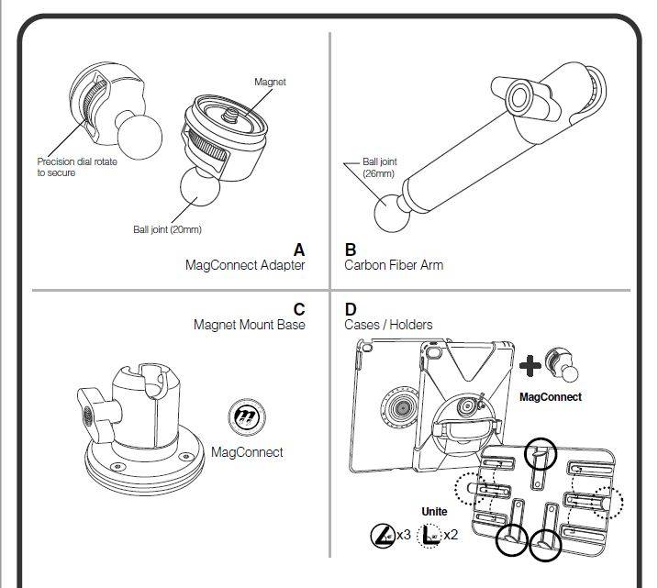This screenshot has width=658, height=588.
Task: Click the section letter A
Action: point(298,250)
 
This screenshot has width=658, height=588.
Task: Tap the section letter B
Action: point(351,250)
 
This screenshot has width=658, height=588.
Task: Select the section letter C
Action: point(298,309)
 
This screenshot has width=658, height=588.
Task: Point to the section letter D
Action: point(351,309)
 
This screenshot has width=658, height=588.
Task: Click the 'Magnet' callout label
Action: point(270,83)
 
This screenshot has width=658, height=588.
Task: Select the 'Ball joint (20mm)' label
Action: point(167,229)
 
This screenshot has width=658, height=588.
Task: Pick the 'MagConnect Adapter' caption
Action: point(245,265)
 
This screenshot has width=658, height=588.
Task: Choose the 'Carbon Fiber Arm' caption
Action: point(394,265)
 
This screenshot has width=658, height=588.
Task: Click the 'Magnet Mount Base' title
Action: point(249,325)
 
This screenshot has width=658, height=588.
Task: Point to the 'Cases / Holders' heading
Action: point(388,325)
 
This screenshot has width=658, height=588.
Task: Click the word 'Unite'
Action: point(434,512)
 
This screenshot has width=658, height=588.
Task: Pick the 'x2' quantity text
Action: point(450,534)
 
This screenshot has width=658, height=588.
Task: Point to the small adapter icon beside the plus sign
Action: point(563,365)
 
